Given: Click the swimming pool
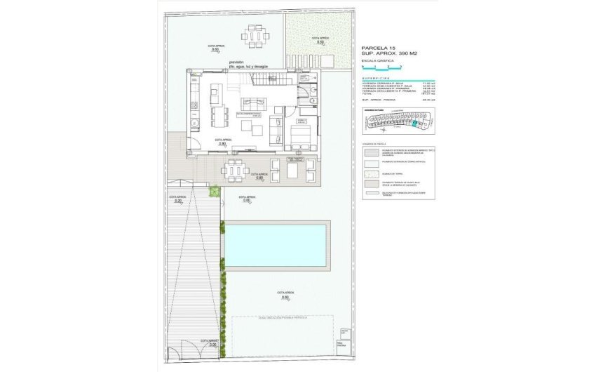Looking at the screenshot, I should pyautogui.click(x=275, y=245).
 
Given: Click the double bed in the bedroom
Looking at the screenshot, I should pyautogui.click(x=300, y=132).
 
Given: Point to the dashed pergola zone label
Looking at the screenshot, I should pyautogui.click(x=283, y=318).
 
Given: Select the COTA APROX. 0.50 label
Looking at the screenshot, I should pyautogui.click(x=320, y=40).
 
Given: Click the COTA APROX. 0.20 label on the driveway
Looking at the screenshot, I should pyautogui.click(x=177, y=199).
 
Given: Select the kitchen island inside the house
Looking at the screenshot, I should pyautogui.click(x=217, y=91).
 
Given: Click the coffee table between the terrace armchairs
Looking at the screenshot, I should pyautogui.click(x=292, y=168).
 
